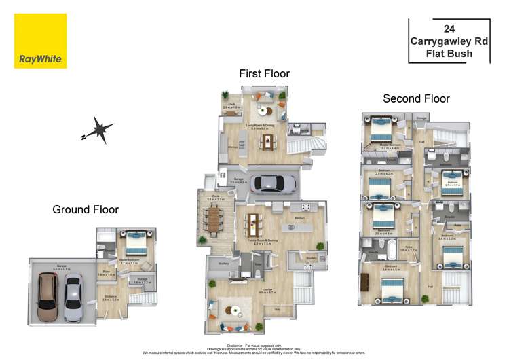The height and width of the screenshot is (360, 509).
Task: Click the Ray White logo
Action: pos(41,41)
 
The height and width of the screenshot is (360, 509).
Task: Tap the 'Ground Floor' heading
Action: pos(86,210)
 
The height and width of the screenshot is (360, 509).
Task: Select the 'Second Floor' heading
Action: pos(416,98)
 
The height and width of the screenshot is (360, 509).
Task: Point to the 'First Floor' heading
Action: pos(264,73)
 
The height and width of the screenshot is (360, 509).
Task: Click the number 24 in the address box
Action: pos(449,29)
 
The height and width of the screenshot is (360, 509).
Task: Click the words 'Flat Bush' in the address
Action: pos(449,53)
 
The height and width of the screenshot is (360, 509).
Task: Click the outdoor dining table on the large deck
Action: pos(214,218)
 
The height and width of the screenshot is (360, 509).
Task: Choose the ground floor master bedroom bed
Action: pos(134,241)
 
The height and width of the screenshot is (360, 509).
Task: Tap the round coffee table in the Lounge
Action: pos(234,310)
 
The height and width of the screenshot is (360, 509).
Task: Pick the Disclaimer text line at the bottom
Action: pos(254,346)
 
